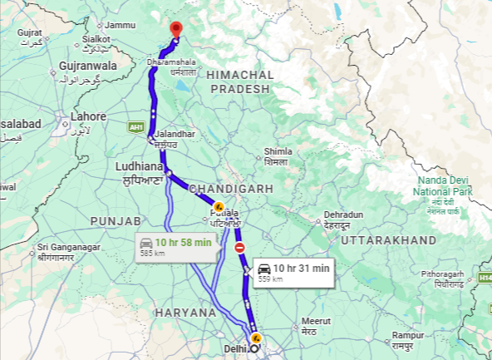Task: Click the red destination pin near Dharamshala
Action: (x=175, y=29)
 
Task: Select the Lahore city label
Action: (x=88, y=116)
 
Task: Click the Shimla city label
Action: (x=278, y=151)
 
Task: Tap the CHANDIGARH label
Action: (x=231, y=190)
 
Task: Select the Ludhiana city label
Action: (x=136, y=167)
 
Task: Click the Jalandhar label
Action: (x=175, y=134)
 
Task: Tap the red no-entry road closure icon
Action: (x=239, y=248)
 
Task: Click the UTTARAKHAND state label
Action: (x=389, y=239)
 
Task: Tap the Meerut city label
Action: (x=315, y=321)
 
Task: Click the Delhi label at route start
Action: (x=235, y=349)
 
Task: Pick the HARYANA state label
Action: (x=184, y=313)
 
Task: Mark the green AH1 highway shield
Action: (x=135, y=126)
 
